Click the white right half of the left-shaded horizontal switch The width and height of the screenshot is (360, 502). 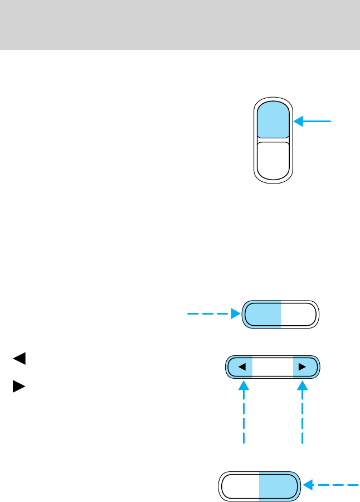tap(299, 315)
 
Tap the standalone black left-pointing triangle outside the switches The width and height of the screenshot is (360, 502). tap(19, 359)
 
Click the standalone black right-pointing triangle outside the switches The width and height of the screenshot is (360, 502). tap(19, 387)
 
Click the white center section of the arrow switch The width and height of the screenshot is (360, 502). tap(273, 367)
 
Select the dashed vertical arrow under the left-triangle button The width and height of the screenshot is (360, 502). tap(244, 413)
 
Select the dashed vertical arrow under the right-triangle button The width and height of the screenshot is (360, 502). tap(302, 413)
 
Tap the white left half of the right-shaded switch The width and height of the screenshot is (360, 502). tap(241, 486)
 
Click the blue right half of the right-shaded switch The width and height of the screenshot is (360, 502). tap(278, 486)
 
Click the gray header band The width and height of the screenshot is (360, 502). tap(180, 25)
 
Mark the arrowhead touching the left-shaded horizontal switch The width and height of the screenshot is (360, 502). tap(235, 315)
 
